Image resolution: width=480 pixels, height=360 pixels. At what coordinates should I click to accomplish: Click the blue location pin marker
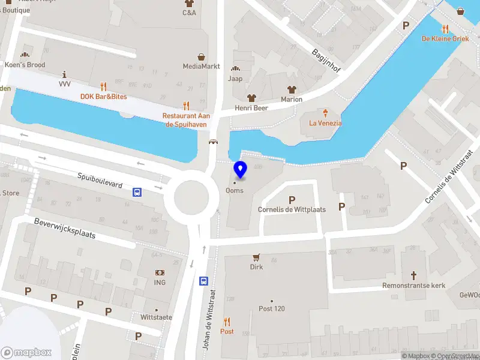tap(240, 170)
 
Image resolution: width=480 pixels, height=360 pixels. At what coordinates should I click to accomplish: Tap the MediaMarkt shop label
tap(201, 66)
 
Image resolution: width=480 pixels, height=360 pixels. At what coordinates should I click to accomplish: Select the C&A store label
tap(189, 13)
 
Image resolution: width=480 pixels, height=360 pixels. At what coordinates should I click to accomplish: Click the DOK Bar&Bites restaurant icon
tap(103, 86)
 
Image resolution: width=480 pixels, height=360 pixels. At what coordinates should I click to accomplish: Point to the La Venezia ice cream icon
tap(325, 113)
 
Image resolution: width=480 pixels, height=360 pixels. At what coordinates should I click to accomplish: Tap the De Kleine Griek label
tap(445, 38)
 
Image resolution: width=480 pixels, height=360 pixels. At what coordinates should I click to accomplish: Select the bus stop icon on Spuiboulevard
tap(137, 192)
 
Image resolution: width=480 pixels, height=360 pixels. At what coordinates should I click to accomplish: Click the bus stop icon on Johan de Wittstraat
tap(203, 281)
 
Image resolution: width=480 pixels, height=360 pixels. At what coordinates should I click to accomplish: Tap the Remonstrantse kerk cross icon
tap(413, 275)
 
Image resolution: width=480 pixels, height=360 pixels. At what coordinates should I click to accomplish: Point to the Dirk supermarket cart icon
tap(257, 257)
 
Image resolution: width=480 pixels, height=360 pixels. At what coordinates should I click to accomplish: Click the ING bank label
tap(160, 283)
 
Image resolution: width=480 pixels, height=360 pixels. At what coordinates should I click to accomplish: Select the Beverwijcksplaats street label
tap(64, 228)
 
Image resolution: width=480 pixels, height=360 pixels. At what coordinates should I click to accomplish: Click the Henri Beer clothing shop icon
tap(251, 97)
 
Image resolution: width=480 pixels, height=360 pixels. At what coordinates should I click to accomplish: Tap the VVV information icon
tap(65, 74)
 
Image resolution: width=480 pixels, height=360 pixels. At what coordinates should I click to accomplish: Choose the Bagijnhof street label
tap(326, 61)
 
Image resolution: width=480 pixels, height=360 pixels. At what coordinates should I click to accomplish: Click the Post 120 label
tap(271, 308)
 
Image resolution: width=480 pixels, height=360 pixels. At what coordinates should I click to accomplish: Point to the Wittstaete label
tap(156, 317)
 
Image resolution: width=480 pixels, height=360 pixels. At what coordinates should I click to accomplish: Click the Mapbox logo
tap(26, 352)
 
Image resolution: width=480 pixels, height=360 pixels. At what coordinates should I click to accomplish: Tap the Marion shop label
tap(292, 99)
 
